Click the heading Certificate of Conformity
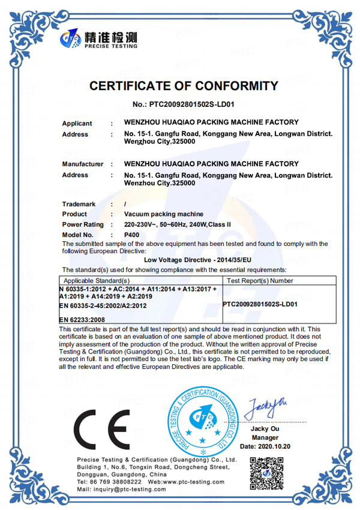(184, 86)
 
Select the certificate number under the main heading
(183, 104)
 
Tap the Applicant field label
(77, 124)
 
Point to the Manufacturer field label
(83, 164)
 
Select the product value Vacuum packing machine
(163, 214)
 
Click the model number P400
(131, 235)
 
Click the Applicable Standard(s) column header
(97, 280)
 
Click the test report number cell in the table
(260, 304)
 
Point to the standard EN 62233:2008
(83, 320)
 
